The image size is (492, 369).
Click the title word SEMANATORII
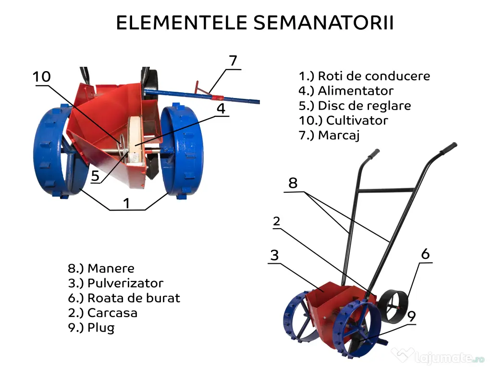pyautogui.click(x=323, y=23)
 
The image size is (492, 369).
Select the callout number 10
pyautogui.click(x=42, y=77)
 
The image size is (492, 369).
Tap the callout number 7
pyautogui.click(x=233, y=61)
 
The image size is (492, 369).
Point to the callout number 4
pyautogui.click(x=221, y=109)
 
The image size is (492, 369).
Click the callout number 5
pyautogui.click(x=96, y=176)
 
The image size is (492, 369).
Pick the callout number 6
pyautogui.click(x=425, y=254)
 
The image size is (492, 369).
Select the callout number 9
pyautogui.click(x=411, y=316)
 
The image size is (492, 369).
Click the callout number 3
pyautogui.click(x=274, y=255)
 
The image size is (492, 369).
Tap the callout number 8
pyautogui.click(x=293, y=183)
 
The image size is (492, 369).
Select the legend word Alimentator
pyautogui.click(x=356, y=91)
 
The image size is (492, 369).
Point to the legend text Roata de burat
pyautogui.click(x=134, y=298)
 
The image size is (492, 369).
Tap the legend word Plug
pyautogui.click(x=101, y=328)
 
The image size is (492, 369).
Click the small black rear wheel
pyautogui.click(x=393, y=307)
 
